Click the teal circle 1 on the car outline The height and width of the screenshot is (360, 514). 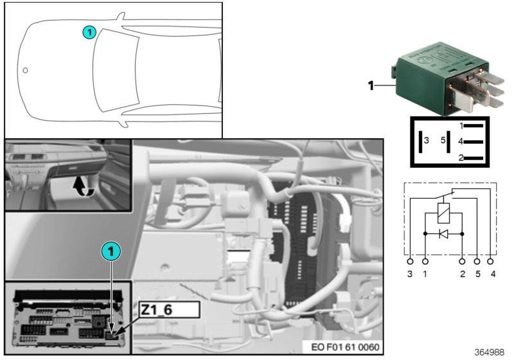(x=89, y=31)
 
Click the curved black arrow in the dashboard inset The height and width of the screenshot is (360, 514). (x=82, y=186)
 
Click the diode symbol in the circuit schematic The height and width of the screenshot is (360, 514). (x=443, y=234)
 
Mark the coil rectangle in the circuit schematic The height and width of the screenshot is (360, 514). (x=443, y=212)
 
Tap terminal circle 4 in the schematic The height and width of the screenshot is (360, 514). (x=492, y=262)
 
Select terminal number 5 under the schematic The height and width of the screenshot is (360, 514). (x=477, y=274)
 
